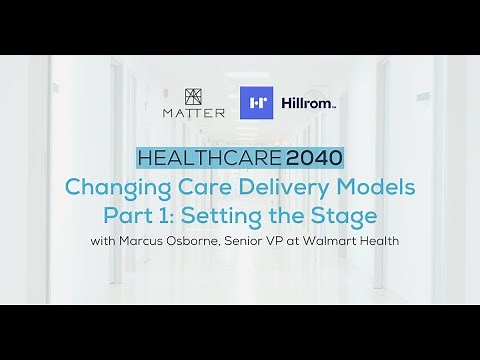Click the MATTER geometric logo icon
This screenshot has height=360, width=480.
click(x=193, y=97)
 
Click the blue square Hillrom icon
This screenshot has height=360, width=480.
click(x=256, y=103)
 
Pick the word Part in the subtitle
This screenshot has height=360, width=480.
click(x=129, y=215)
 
